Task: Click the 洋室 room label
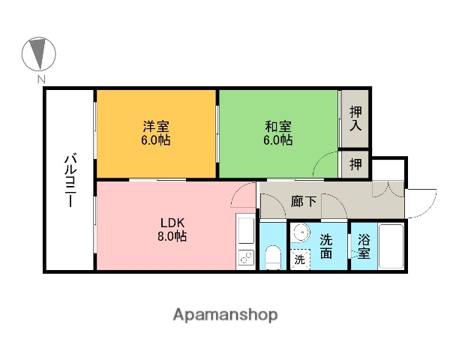pyautogui.click(x=157, y=124)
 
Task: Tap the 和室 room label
pyautogui.click(x=277, y=124)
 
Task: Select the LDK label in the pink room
pyautogui.click(x=171, y=222)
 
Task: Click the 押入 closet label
pyautogui.click(x=356, y=118)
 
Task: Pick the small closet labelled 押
pyautogui.click(x=356, y=163)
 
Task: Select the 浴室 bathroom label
pyautogui.click(x=364, y=246)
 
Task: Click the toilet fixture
pyautogui.click(x=273, y=257)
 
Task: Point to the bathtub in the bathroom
pyautogui.click(x=391, y=247)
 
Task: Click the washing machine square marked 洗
pyautogui.click(x=299, y=259)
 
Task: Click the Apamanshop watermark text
pyautogui.click(x=224, y=314)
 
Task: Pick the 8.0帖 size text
pyautogui.click(x=171, y=236)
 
